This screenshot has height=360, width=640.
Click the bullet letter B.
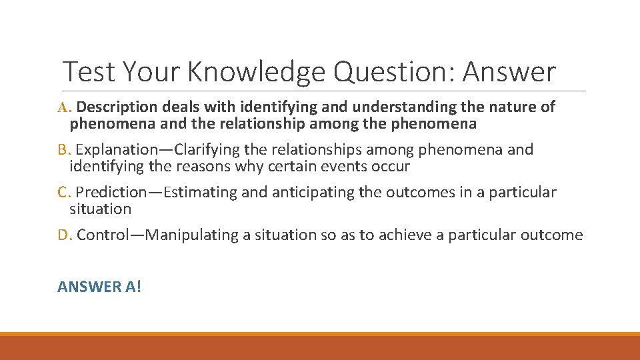point(63,149)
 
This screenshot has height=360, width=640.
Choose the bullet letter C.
point(63,193)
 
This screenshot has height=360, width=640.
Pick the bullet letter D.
point(64,235)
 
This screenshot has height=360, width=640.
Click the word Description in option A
point(121,107)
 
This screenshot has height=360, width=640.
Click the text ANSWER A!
point(99,287)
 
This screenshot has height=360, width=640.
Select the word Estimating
point(197,193)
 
